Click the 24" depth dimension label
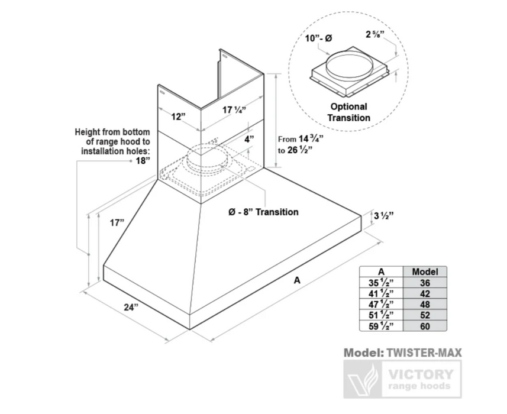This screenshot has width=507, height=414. (x=131, y=307)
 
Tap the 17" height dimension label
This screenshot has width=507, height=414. (x=117, y=223)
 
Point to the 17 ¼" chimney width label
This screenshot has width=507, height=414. (x=234, y=110)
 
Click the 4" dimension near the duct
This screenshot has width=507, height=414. (x=249, y=140)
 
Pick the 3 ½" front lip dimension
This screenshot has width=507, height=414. (x=384, y=215)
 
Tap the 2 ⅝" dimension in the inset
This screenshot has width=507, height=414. (x=375, y=34)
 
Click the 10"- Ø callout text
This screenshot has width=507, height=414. (x=318, y=38)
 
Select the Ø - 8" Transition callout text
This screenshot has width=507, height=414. (x=263, y=212)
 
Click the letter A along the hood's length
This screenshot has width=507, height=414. (x=297, y=280)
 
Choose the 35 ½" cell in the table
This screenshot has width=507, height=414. (x=381, y=283)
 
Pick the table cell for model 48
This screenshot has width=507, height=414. (x=425, y=304)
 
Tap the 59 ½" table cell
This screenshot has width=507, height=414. (x=381, y=326)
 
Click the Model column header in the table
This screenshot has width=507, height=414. (x=425, y=271)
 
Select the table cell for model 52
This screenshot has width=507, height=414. (x=425, y=315)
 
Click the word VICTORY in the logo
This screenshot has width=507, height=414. (x=421, y=374)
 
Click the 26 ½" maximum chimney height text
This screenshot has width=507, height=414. (x=300, y=150)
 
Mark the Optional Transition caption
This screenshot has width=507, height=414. (x=348, y=112)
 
